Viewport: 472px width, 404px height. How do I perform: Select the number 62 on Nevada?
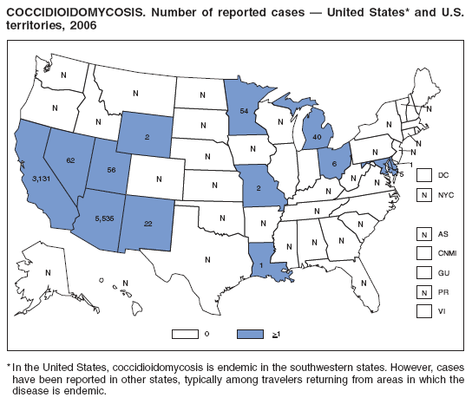69,160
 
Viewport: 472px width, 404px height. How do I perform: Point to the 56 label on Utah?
111,171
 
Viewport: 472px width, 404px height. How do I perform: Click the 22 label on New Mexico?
148,224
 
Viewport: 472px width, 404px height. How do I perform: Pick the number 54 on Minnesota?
245,113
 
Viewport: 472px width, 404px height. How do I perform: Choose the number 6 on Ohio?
334,161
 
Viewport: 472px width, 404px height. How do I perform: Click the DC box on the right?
423,175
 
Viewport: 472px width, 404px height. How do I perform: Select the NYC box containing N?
423,195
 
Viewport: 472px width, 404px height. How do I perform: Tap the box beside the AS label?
423,234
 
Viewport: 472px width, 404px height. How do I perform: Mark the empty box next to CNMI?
423,253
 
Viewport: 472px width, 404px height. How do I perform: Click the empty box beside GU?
423,273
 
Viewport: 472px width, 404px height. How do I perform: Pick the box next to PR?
423,292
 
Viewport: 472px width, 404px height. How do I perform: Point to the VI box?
423,312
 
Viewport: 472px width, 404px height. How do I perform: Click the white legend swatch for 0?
186,332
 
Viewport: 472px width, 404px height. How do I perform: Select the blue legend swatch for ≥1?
250,332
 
